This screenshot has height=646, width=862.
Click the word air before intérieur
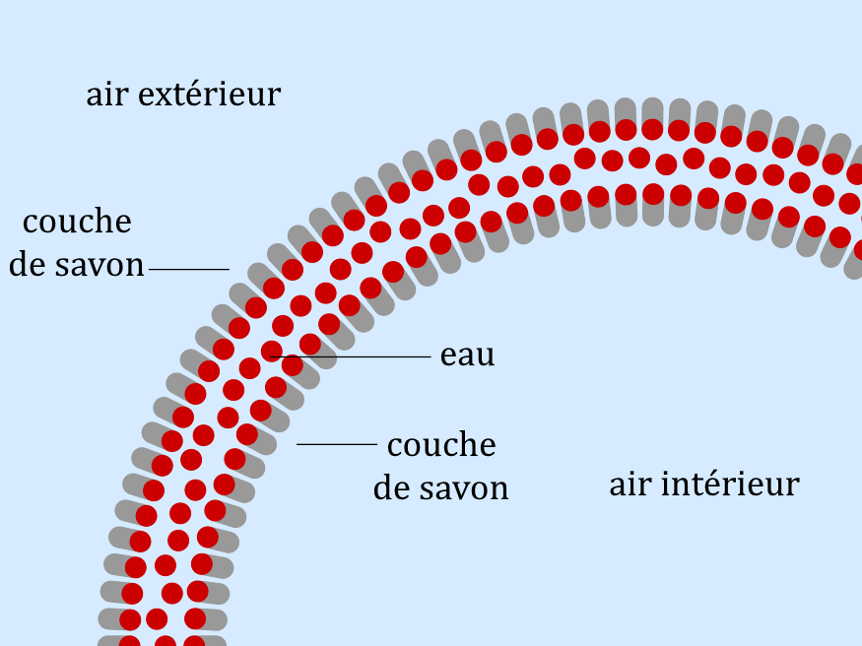(x=630, y=484)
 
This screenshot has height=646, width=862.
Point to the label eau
(x=467, y=356)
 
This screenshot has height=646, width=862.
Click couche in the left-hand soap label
(x=78, y=223)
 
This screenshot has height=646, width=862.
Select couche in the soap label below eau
(x=441, y=445)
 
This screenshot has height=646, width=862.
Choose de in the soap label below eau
(x=391, y=487)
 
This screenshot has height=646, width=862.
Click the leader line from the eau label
(x=355, y=355)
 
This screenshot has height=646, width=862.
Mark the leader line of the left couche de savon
(x=188, y=269)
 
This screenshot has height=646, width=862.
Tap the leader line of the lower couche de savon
(x=336, y=445)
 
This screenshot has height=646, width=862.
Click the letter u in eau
(x=485, y=357)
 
